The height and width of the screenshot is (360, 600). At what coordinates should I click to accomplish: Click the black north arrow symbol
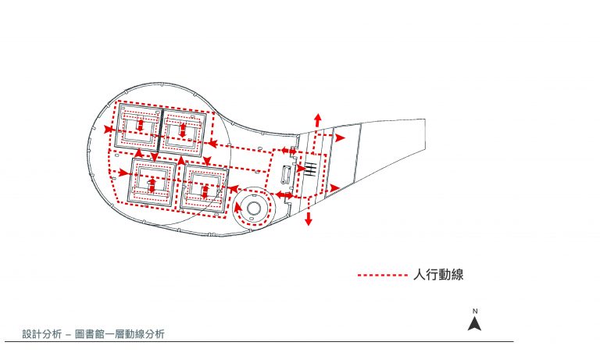(x=474, y=323)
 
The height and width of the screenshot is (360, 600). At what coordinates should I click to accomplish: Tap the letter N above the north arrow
(x=475, y=312)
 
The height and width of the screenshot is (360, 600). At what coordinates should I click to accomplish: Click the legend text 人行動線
(x=438, y=275)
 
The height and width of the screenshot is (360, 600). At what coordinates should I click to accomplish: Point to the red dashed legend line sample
(x=383, y=275)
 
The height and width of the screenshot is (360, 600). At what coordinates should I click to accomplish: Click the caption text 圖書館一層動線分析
(x=120, y=334)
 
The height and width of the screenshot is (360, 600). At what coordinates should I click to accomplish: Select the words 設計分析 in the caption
(x=41, y=334)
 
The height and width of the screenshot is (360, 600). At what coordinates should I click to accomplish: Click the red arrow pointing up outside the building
(x=317, y=120)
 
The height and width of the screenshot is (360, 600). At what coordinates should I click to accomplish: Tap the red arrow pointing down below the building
(x=309, y=219)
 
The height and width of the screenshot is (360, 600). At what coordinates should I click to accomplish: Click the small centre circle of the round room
(x=253, y=209)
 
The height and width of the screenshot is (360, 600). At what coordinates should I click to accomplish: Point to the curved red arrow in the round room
(x=238, y=209)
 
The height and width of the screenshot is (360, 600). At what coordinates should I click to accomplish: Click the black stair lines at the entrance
(x=310, y=169)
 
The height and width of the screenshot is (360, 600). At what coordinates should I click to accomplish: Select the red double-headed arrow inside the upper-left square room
(x=140, y=126)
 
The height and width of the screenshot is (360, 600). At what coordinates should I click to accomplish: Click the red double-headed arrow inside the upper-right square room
(x=183, y=130)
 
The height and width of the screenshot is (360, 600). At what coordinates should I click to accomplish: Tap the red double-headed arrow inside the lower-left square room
(x=152, y=185)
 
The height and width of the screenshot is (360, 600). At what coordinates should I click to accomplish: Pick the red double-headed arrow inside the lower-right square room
(x=205, y=191)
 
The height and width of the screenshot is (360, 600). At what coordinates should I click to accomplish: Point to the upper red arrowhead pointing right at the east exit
(x=340, y=138)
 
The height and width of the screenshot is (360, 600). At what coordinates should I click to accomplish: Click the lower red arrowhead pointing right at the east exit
(x=335, y=188)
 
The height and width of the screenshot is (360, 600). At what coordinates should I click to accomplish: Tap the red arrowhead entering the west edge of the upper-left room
(x=109, y=130)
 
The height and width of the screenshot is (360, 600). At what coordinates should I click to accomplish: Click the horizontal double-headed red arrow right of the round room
(x=284, y=195)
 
